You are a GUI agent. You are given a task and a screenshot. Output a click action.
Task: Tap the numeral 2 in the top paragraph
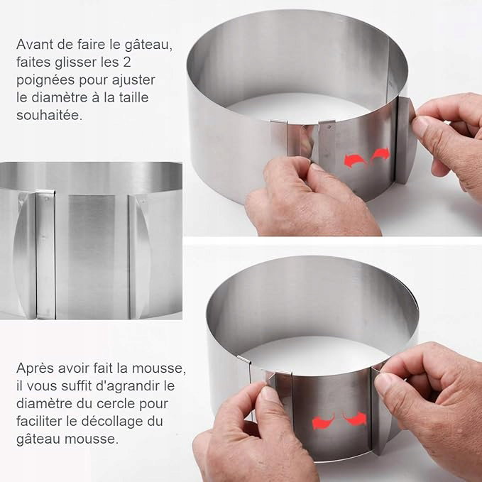click(x=126, y=62)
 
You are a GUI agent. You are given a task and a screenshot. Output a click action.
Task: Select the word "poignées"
click(x=45, y=81)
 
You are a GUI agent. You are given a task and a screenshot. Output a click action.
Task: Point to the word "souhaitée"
click(x=49, y=116)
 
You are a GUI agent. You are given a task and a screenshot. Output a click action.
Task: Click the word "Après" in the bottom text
click(x=35, y=368)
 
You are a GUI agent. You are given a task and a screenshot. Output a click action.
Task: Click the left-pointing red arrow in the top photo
click(x=355, y=160)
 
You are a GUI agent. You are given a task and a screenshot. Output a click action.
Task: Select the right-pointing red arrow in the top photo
click(x=380, y=155)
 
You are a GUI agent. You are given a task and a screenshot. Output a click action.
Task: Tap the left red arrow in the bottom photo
click(x=324, y=421)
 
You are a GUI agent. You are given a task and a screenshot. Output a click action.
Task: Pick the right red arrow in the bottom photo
click(x=355, y=418)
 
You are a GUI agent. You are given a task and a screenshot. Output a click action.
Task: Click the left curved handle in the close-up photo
click(x=25, y=255)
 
